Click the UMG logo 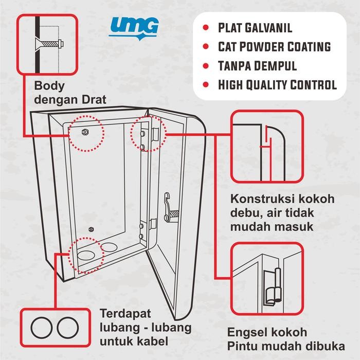(134, 27)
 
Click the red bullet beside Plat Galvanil (206, 28)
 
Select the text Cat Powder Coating (273, 47)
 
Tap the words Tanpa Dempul (257, 66)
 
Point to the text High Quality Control (277, 85)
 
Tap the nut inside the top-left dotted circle (85, 132)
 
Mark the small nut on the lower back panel (91, 229)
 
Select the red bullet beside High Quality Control (206, 85)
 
